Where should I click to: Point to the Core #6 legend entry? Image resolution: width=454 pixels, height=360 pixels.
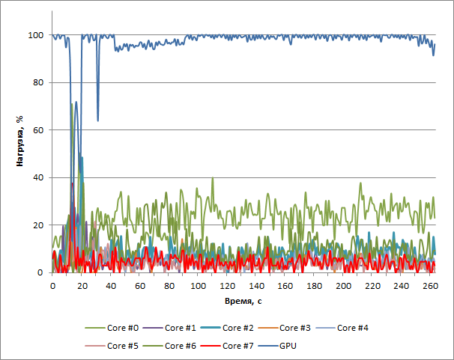tap(181, 346)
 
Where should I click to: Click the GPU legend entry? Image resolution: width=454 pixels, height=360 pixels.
tap(289, 346)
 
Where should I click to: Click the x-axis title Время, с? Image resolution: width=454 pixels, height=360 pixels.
tap(243, 300)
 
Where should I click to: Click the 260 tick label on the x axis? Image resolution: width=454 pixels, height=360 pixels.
tap(430, 286)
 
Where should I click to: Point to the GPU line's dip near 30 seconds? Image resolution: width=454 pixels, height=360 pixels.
tap(97, 120)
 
